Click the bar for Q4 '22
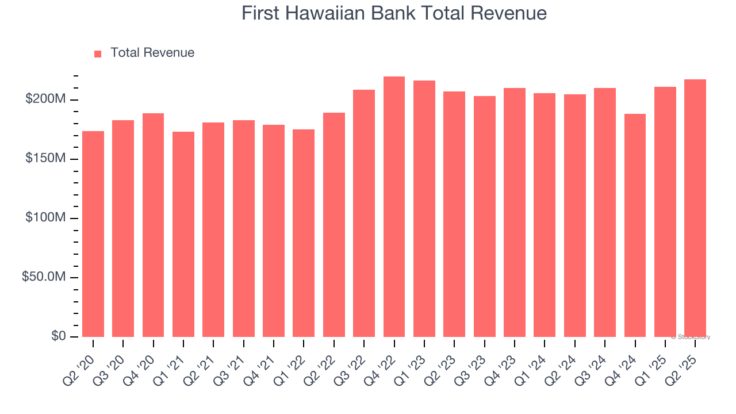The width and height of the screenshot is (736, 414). [394, 207]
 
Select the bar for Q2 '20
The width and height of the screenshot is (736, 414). [93, 234]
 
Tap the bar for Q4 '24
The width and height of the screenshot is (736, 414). [635, 225]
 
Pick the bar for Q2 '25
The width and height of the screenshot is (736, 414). [695, 208]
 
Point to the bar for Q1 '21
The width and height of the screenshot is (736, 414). [183, 235]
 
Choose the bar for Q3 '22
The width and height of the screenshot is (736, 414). [364, 213]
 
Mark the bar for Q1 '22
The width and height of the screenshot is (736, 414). [304, 233]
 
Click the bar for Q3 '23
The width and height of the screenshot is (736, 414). [485, 217]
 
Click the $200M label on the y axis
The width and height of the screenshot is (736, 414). [45, 99]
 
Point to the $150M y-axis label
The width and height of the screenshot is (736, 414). [45, 159]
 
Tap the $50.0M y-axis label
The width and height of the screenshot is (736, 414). [44, 277]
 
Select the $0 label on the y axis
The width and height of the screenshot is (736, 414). [58, 336]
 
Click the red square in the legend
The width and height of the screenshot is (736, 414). [98, 53]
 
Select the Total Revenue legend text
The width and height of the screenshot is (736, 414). [152, 53]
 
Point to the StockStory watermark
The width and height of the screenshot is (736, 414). [691, 337]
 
